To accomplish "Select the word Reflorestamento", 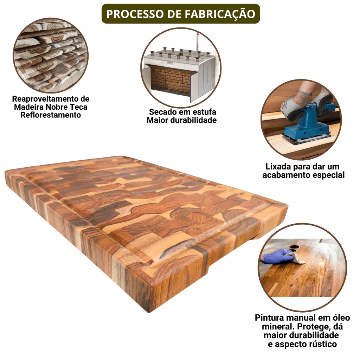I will click(51, 115).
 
